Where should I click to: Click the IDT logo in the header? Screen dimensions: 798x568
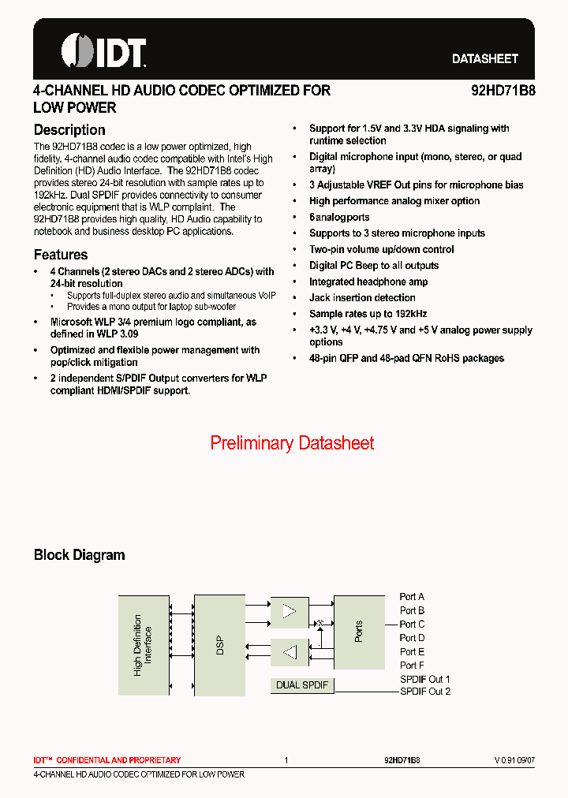pos(103,51)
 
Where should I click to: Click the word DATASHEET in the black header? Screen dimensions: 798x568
pos(484,59)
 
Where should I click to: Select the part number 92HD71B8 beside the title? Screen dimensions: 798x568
pos(503,91)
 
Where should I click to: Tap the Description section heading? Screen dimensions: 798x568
pos(69,130)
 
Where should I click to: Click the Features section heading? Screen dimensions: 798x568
pos(61,255)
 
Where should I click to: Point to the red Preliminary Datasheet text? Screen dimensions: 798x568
pos(292,443)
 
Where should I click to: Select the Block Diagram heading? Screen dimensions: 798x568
pos(79,555)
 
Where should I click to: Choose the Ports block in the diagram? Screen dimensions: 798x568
pos(359,631)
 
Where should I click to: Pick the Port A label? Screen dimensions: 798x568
pos(412,597)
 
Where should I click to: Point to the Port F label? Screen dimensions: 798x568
pos(412,666)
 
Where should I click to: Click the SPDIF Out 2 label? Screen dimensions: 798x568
pos(425,692)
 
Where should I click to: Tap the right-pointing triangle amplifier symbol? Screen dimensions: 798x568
pos(290,612)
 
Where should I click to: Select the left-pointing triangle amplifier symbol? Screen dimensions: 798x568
pos(290,652)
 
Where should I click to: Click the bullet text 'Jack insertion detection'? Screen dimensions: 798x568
pos(362,298)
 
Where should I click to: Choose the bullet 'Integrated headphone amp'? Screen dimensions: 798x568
pos(368,282)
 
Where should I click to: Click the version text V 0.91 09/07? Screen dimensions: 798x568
pos(514,760)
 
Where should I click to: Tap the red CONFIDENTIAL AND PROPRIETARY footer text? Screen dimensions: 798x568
pos(107,760)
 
